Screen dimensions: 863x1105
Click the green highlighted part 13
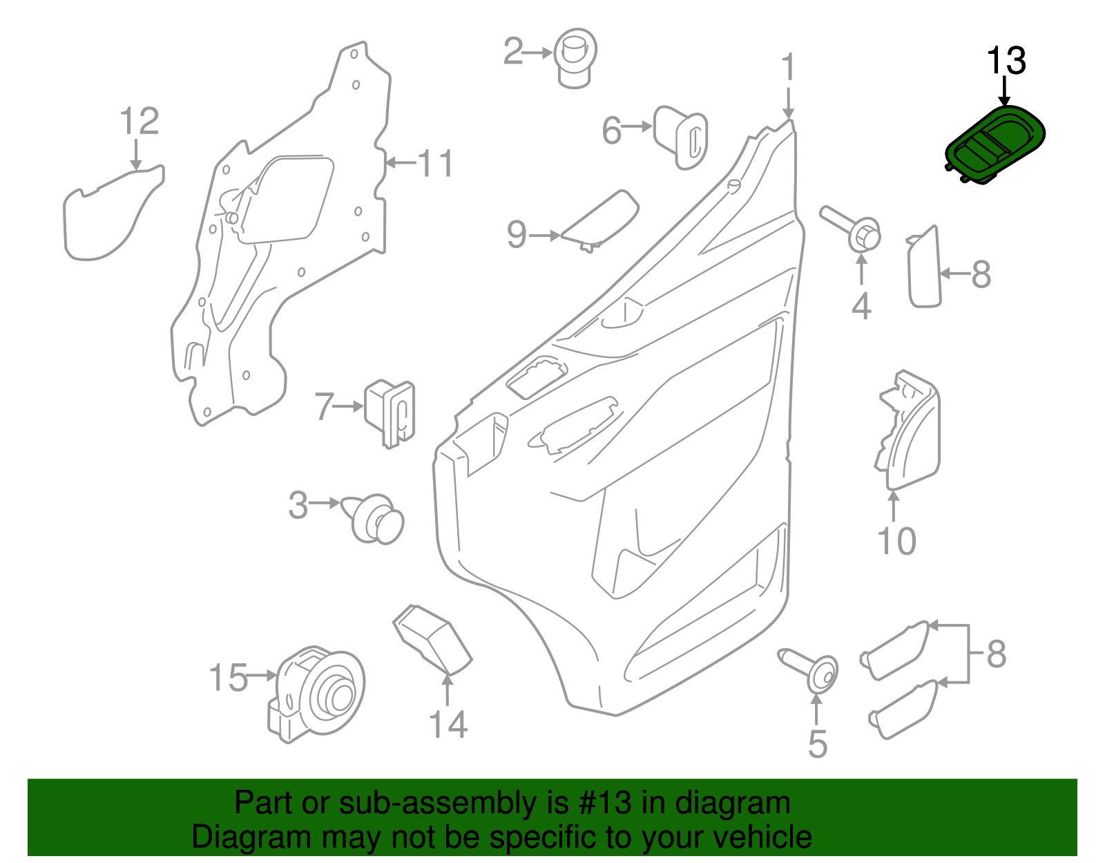point(995,145)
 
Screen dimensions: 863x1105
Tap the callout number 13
point(1006,61)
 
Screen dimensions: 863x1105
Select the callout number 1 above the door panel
point(788,68)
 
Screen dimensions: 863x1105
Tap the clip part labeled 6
point(681,136)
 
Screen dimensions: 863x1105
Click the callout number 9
point(517,235)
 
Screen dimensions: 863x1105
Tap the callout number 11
point(436,164)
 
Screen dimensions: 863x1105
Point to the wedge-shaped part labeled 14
point(433,640)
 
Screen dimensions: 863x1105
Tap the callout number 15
point(228,678)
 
